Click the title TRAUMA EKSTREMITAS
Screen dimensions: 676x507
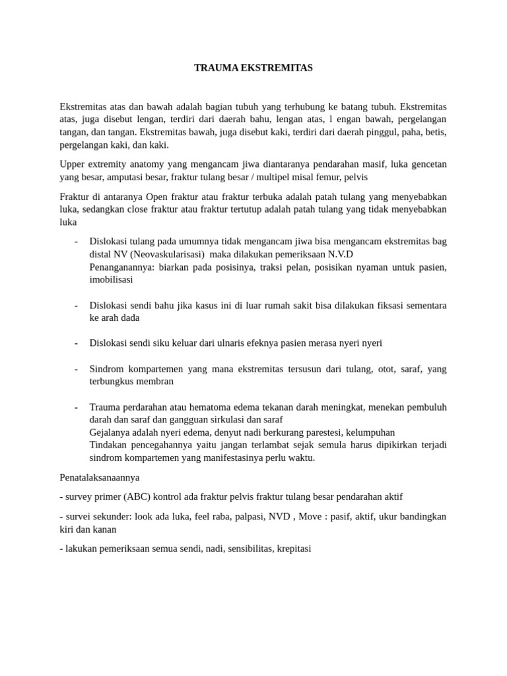pos(253,68)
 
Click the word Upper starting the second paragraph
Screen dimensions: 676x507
pos(73,164)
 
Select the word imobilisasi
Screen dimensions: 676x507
pos(111,279)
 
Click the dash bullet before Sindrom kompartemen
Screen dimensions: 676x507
pos(77,369)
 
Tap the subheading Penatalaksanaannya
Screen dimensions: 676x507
pos(100,477)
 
